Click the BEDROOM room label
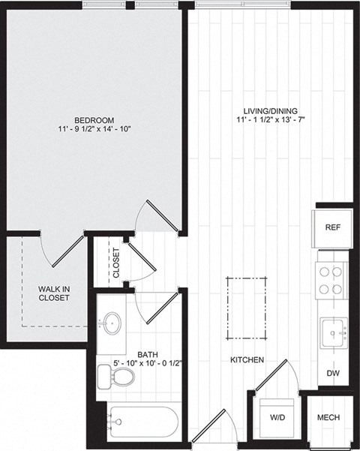pyautogui.click(x=94, y=120)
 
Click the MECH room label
pyautogui.click(x=329, y=418)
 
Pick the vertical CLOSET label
pyautogui.click(x=115, y=263)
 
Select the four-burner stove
pyautogui.click(x=331, y=281)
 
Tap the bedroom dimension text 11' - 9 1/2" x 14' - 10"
pyautogui.click(x=94, y=130)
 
